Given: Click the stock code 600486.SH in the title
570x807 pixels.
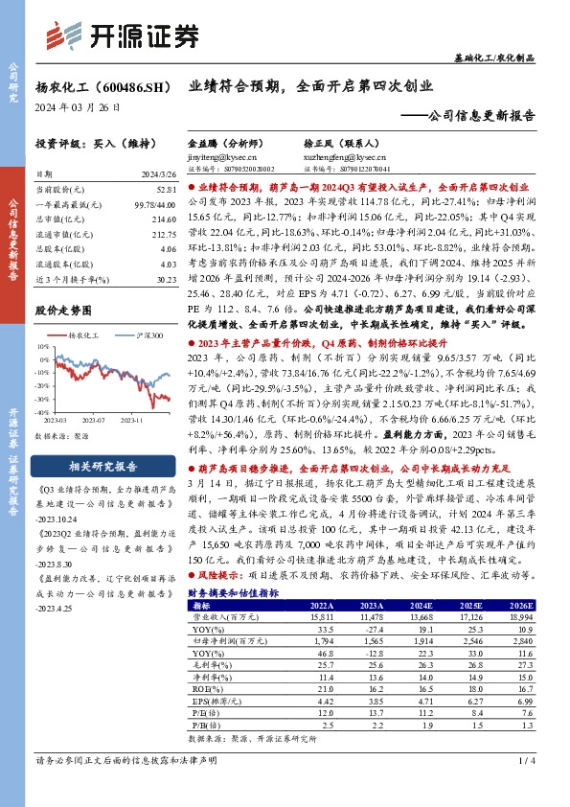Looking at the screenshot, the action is click(130, 86).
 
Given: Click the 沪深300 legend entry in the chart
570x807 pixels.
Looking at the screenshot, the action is click(145, 336).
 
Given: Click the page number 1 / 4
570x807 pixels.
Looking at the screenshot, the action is click(524, 786).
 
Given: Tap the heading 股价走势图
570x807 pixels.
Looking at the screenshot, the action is click(62, 311).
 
